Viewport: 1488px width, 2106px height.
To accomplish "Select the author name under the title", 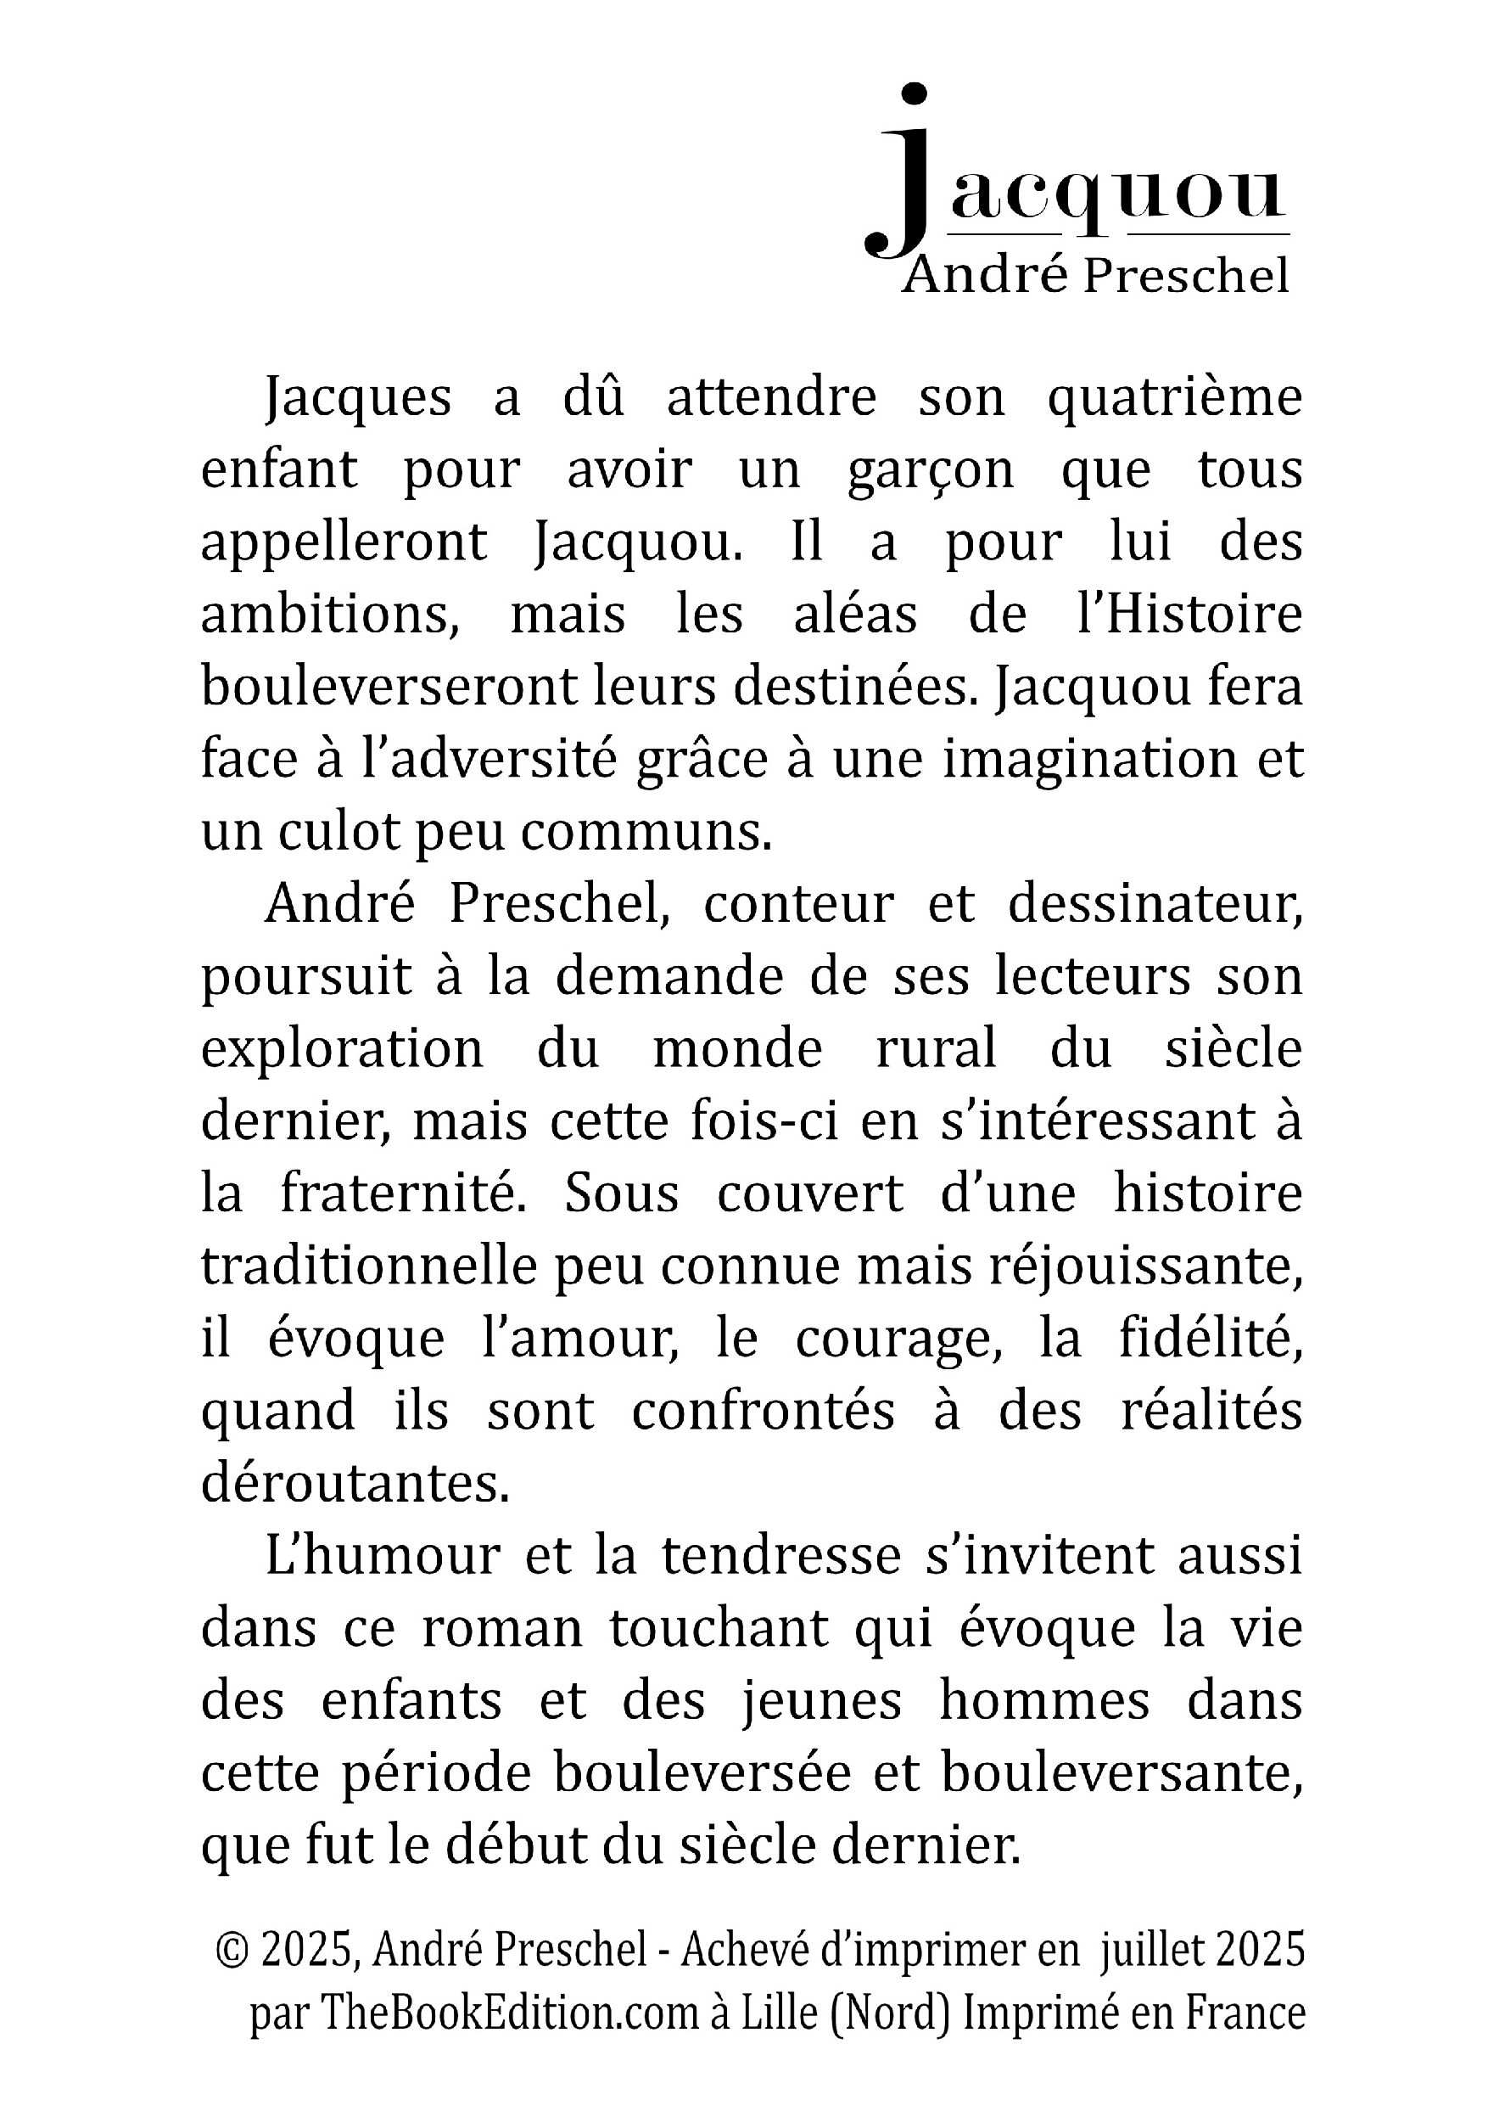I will pos(1095,276).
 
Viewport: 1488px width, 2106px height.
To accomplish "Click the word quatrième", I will pos(1174,398).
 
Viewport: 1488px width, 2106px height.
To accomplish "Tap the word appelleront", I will pos(343,543).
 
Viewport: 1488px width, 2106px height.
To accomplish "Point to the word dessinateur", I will pos(1155,903).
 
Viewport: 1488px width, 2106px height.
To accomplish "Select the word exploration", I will pos(341,1049).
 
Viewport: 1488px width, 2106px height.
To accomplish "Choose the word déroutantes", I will pos(355,1483).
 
